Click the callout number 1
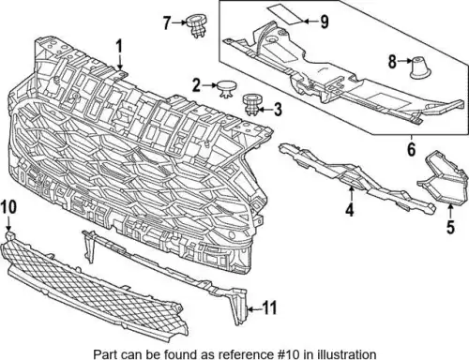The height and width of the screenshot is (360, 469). pyautogui.click(x=119, y=48)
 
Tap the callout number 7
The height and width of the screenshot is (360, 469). pyautogui.click(x=167, y=22)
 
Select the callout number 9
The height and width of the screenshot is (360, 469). pyautogui.click(x=325, y=22)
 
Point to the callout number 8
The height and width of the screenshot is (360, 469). pyautogui.click(x=392, y=61)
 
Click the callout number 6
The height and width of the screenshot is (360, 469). pyautogui.click(x=412, y=149)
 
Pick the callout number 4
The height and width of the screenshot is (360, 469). pyautogui.click(x=350, y=209)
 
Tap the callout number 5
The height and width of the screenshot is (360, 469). pyautogui.click(x=450, y=227)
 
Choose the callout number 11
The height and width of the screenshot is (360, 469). pyautogui.click(x=269, y=308)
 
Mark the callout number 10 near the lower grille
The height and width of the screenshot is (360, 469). pyautogui.click(x=8, y=207)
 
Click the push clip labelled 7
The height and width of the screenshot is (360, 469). pyautogui.click(x=196, y=25)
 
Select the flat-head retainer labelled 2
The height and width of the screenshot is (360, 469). pyautogui.click(x=227, y=88)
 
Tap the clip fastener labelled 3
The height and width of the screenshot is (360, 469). pyautogui.click(x=252, y=104)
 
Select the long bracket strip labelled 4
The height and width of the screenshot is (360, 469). pyautogui.click(x=356, y=178)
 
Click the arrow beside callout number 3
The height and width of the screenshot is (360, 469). pyautogui.click(x=266, y=110)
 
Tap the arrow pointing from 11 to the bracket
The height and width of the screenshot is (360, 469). pyautogui.click(x=254, y=309)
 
